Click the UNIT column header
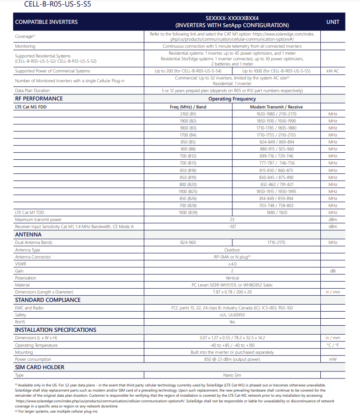click(x=332, y=22)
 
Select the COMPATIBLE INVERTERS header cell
click(x=46, y=22)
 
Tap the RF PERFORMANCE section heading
click(x=39, y=99)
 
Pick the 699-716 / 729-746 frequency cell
click(x=276, y=156)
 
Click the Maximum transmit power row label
click(x=38, y=220)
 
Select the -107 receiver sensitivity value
click(x=232, y=227)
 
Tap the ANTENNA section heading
click(x=28, y=235)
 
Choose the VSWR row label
click(x=21, y=264)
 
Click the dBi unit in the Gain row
click(x=332, y=271)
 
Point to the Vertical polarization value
click(x=232, y=278)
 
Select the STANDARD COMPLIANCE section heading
click(x=48, y=300)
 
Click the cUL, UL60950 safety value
click(x=232, y=315)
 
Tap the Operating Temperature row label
click(x=36, y=345)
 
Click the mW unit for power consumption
click(x=332, y=359)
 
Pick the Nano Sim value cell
click(x=232, y=375)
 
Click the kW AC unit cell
click(x=332, y=71)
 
